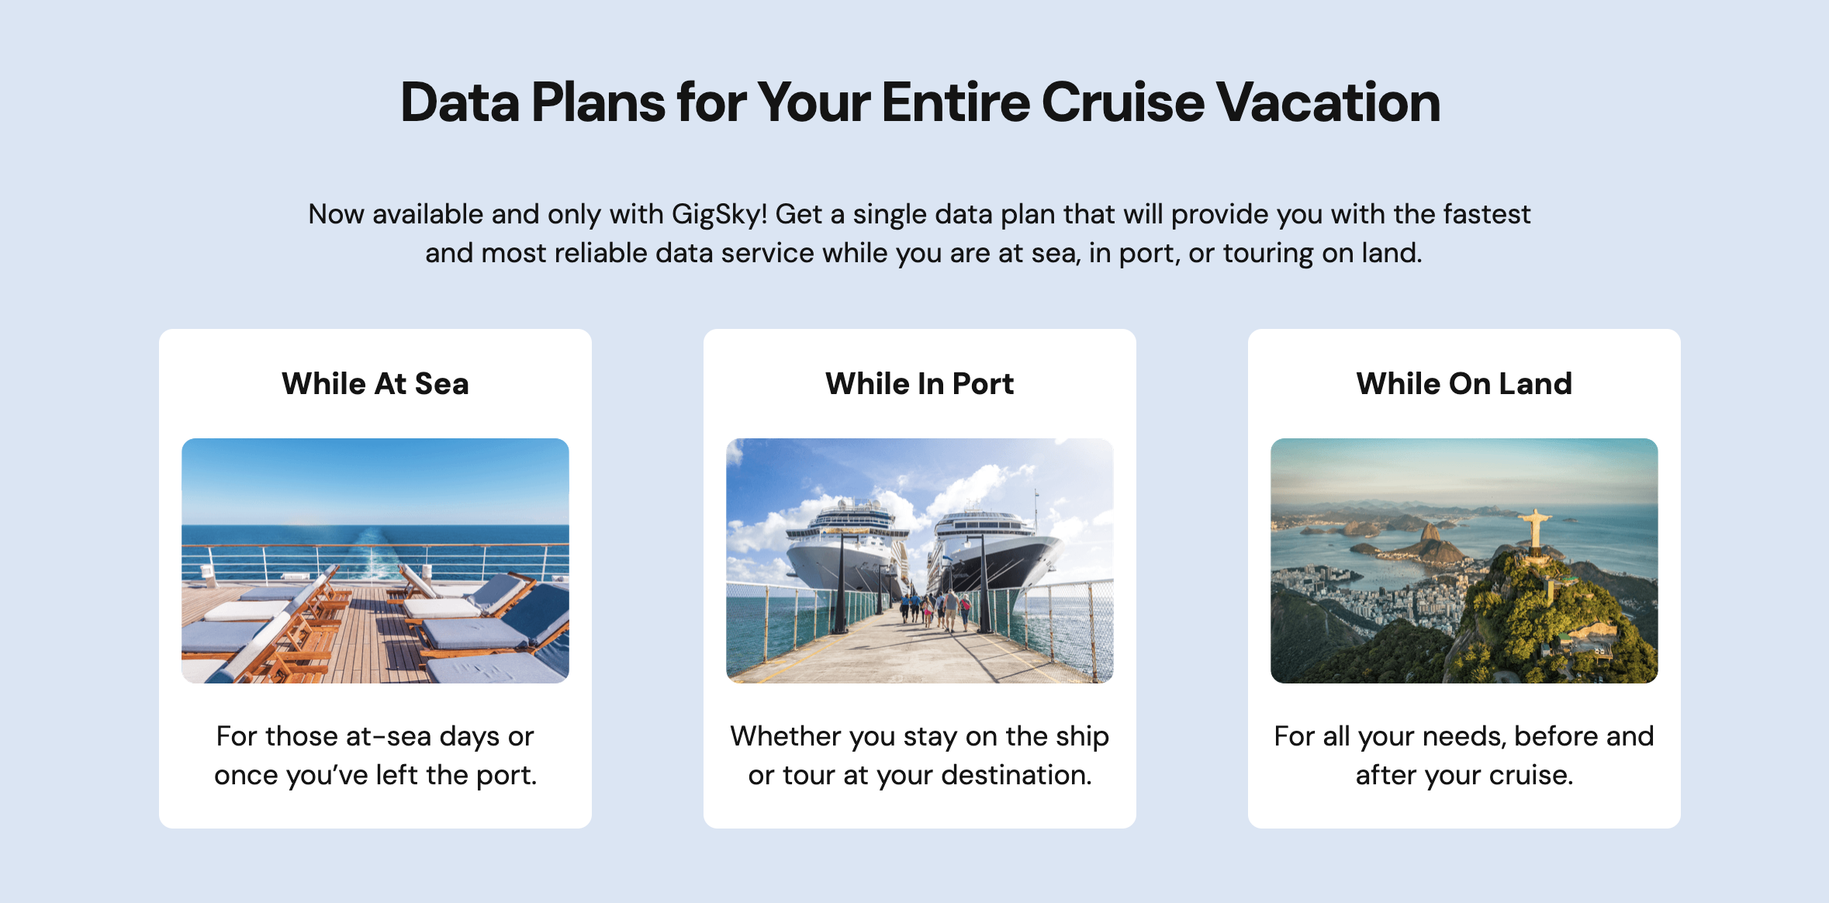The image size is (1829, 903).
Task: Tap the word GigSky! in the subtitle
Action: (719, 214)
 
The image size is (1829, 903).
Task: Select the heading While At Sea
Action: (375, 384)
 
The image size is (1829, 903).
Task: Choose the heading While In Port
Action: (919, 384)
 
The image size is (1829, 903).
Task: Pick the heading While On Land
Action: (1464, 384)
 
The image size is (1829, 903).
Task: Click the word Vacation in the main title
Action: (1328, 102)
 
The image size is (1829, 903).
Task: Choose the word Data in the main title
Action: (460, 102)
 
